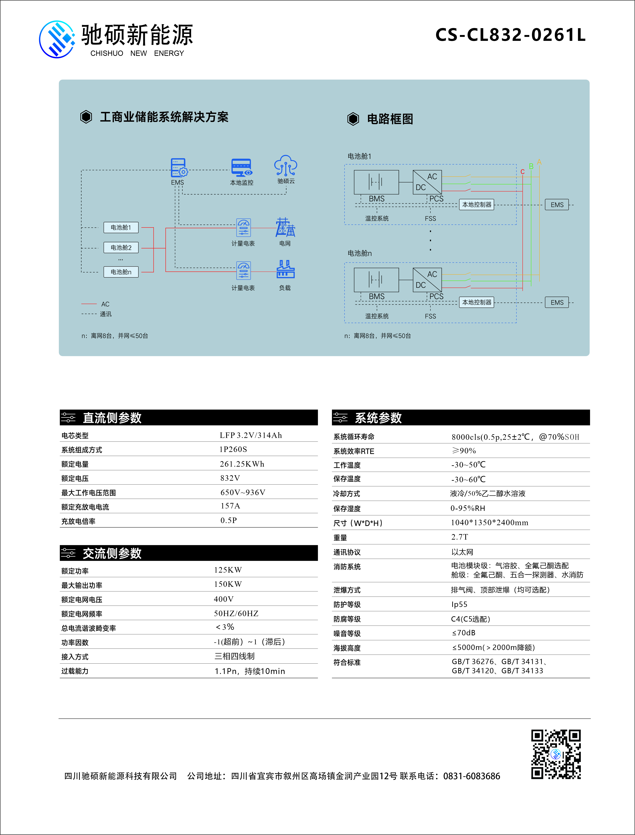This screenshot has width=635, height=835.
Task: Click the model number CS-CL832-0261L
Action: pos(510,35)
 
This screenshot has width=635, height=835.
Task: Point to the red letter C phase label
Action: pos(522,172)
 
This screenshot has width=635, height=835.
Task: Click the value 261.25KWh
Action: pos(242,464)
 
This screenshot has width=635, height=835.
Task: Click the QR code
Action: pos(556,754)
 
